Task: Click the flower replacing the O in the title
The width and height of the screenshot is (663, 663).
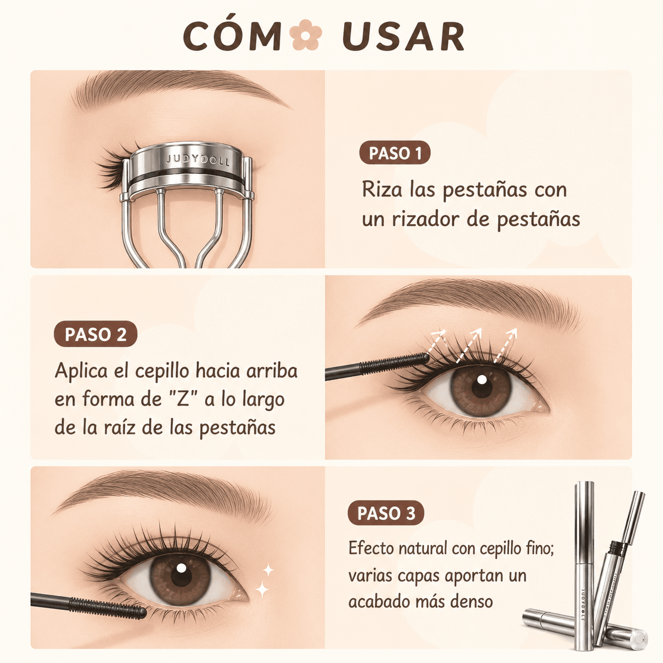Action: click(306, 35)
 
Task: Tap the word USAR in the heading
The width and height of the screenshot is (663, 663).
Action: click(403, 36)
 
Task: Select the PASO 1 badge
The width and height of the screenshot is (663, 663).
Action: click(394, 153)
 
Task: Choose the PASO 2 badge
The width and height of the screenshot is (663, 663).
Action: click(96, 334)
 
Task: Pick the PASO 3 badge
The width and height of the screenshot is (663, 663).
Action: click(385, 513)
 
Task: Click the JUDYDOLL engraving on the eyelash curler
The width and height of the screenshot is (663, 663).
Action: click(198, 160)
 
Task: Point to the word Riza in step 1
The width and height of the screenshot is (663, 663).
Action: click(382, 189)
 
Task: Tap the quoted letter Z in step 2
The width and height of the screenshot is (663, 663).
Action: click(183, 399)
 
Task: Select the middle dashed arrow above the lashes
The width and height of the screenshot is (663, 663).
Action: click(468, 345)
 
